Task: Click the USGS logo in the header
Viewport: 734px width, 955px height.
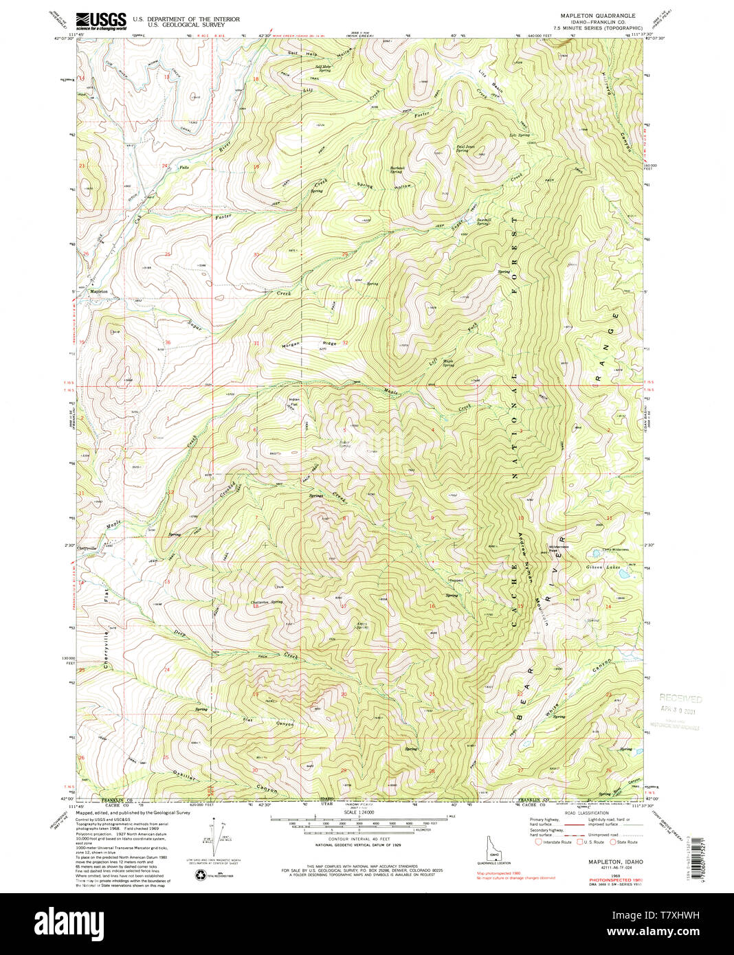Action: click(100, 20)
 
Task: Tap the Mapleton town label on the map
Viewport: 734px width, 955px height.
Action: click(98, 291)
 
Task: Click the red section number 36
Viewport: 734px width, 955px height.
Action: click(167, 343)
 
